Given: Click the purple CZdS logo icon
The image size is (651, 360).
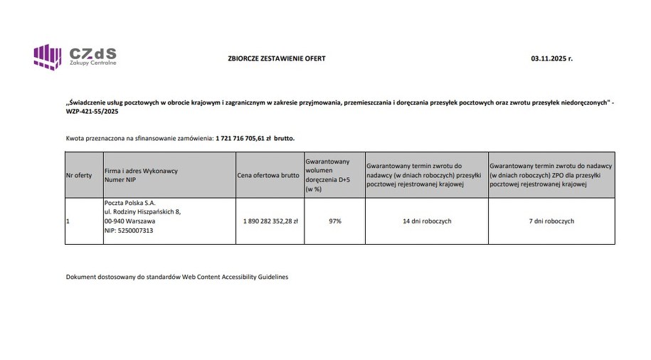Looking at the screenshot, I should pos(48,56).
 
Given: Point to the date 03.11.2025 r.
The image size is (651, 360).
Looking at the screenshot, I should pos(551,58).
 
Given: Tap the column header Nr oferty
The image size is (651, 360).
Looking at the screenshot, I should pos(79,175).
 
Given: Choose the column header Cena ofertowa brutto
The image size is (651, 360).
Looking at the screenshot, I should pos(268,175).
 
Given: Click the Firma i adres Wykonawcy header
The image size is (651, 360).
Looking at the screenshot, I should pos(141,171).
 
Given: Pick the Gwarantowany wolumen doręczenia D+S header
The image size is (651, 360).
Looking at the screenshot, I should pos(327,175).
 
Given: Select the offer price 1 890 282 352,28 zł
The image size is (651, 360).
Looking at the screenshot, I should pos(270,221).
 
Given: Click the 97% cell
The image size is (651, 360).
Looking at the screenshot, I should pos(334,221).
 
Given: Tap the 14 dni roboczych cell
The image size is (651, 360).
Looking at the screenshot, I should pos(426,221).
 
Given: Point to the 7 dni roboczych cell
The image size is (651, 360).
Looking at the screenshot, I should pos(551,221).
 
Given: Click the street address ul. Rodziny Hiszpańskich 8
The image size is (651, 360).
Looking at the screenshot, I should pos(142,212).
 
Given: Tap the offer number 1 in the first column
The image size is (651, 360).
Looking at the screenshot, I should pos(68,221).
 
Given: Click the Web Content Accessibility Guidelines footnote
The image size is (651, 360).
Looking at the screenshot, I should pos(177,277).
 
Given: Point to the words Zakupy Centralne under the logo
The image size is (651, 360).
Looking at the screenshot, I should pos(92,64).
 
